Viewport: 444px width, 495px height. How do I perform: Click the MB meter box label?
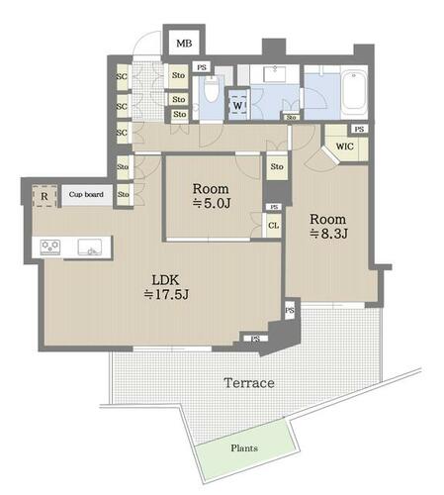coord(184,44)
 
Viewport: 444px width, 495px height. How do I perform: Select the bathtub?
coord(354,91)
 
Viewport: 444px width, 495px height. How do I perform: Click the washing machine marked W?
coord(237,105)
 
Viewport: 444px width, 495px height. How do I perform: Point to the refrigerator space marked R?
coord(44,196)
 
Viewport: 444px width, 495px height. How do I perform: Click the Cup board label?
coord(86,194)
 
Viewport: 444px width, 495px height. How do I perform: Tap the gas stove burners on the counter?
coord(50,247)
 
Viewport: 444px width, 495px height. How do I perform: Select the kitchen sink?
coord(90,247)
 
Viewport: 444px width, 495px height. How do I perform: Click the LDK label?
coord(166,280)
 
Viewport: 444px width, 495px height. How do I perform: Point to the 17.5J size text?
coord(166,294)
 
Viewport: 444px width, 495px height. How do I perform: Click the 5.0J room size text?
coord(212,203)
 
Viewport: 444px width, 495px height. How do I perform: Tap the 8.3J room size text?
coord(328,234)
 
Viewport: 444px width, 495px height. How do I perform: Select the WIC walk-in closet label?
coord(344,147)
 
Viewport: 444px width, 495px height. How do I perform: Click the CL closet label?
coord(273,226)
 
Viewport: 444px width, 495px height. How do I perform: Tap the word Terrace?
coord(249,383)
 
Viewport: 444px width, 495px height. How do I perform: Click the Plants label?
coord(244,447)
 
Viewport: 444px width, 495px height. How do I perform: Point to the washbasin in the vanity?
coord(275,73)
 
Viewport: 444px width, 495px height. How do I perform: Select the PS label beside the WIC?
coord(359,129)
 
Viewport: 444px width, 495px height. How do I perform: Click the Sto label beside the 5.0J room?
coord(277,166)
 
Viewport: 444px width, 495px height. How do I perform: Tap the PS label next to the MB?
coord(202,67)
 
